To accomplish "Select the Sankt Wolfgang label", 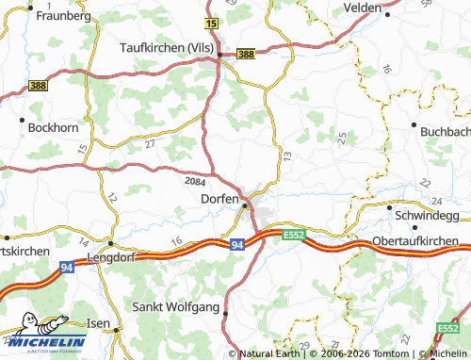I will point(176,307).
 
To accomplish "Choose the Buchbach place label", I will point(444,131).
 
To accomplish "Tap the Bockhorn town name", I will point(49,126).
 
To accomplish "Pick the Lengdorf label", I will point(111,256).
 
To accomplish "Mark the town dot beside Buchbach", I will point(414,123).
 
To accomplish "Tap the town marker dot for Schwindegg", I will point(389,206).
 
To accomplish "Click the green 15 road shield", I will point(210,22).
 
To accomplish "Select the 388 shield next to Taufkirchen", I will point(245,55).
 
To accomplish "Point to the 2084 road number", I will point(195,180).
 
